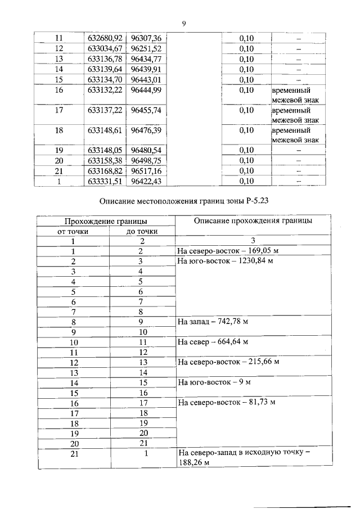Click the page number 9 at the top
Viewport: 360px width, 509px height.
(183, 23)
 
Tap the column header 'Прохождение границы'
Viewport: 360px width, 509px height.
(106, 221)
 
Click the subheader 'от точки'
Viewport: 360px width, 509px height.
(73, 231)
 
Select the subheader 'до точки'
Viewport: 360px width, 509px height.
(141, 231)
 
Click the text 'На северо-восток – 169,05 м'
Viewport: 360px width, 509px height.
(228, 251)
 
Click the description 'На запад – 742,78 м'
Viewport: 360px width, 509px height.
(213, 322)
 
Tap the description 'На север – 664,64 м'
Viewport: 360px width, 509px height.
(213, 342)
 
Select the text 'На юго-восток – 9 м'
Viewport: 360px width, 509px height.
(214, 382)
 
